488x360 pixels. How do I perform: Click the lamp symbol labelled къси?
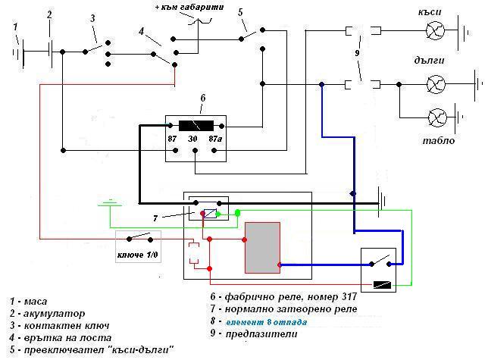[x=435, y=30]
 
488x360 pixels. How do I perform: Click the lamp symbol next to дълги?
[x=436, y=84]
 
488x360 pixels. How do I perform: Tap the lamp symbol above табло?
[x=437, y=117]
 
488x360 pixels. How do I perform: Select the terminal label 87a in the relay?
[x=215, y=139]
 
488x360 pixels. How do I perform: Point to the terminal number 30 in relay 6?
[x=192, y=139]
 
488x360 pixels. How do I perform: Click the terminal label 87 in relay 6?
[x=172, y=139]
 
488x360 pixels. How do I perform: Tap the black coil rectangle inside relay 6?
[x=196, y=126]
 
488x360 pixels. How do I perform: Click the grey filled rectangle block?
[x=262, y=248]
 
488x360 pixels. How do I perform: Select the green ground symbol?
[x=110, y=203]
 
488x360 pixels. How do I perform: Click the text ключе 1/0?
[x=138, y=255]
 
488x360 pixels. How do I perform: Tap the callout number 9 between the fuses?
[x=357, y=53]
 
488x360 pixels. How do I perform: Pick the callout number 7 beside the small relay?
[x=155, y=218]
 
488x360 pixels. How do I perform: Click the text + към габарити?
[x=189, y=7]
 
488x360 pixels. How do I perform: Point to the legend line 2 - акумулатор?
[x=47, y=313]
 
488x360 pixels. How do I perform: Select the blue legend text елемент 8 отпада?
[x=267, y=322]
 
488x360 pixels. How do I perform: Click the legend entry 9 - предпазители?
[x=254, y=334]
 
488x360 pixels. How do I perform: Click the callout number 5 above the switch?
[x=240, y=12]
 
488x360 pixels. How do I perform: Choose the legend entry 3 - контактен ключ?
[x=59, y=326]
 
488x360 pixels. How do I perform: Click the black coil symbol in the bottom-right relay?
[x=382, y=285]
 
